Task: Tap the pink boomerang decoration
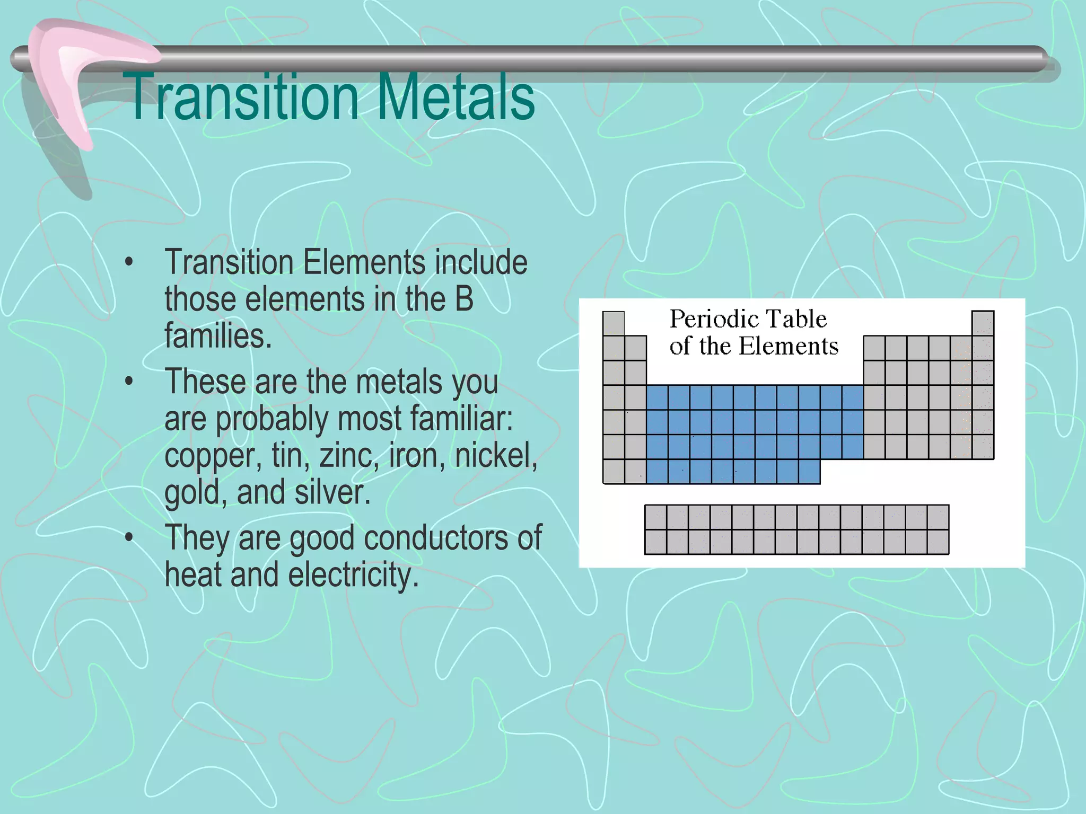tap(80, 79)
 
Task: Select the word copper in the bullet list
tap(213, 456)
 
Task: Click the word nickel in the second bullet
tap(496, 456)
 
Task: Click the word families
tap(217, 337)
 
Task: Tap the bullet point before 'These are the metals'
tap(129, 382)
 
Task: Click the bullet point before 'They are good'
tap(129, 538)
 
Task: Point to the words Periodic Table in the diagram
tap(748, 319)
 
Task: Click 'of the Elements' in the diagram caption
tap(754, 346)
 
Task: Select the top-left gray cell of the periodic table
tap(614, 323)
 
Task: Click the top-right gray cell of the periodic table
tap(982, 323)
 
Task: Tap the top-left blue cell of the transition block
tap(657, 397)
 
